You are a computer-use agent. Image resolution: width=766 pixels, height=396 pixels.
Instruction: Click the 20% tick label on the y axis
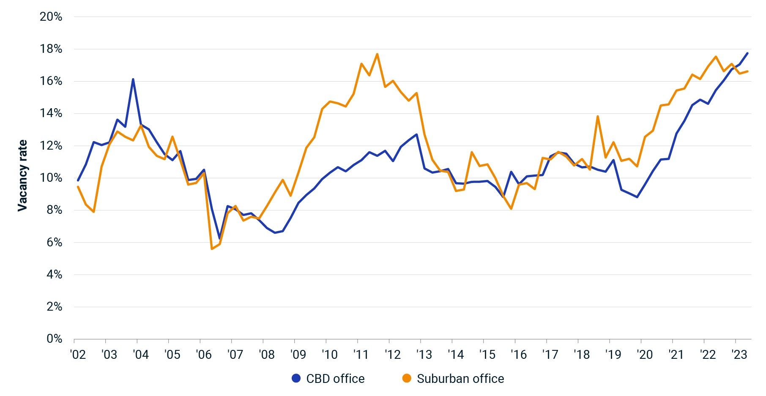point(51,17)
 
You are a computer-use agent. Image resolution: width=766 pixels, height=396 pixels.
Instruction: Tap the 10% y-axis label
point(51,178)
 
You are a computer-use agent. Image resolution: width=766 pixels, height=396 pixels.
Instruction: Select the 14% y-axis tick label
point(51,113)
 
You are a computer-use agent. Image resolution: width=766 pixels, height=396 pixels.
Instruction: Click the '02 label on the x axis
point(78,354)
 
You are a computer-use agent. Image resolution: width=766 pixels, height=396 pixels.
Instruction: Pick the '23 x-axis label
point(740,354)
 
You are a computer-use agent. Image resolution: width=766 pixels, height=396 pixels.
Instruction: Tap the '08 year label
point(267,354)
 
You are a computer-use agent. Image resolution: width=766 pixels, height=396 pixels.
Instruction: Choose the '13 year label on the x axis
point(424,354)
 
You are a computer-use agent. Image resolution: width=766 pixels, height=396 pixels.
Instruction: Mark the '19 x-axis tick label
point(613,354)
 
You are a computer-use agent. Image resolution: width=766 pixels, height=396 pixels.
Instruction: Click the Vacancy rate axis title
point(22,175)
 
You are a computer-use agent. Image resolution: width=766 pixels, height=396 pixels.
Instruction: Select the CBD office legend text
point(335,379)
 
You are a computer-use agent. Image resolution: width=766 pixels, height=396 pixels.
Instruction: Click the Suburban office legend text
point(460,379)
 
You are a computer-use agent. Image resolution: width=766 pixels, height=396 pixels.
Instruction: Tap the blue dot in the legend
point(296,378)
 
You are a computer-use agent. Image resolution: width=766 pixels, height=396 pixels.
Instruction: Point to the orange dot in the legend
point(407,378)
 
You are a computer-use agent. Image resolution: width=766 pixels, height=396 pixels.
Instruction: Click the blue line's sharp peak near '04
point(133,79)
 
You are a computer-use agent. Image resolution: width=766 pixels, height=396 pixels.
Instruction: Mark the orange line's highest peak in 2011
point(377,54)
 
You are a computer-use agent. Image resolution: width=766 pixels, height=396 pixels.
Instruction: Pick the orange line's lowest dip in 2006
point(212,249)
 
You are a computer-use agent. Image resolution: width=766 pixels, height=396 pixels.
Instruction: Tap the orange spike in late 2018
point(598,116)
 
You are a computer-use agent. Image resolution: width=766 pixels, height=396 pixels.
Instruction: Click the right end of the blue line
point(747,53)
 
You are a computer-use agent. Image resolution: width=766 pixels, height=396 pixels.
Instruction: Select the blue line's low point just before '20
point(637,197)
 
